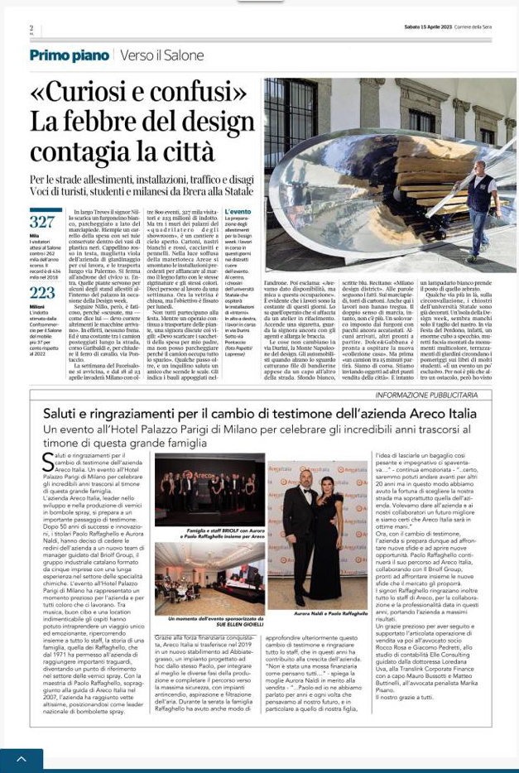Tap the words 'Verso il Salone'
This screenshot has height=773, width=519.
(x=160, y=56)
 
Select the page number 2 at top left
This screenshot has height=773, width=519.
(x=31, y=28)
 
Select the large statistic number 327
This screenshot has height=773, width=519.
(x=41, y=223)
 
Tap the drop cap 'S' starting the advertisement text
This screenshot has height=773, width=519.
(x=48, y=463)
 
